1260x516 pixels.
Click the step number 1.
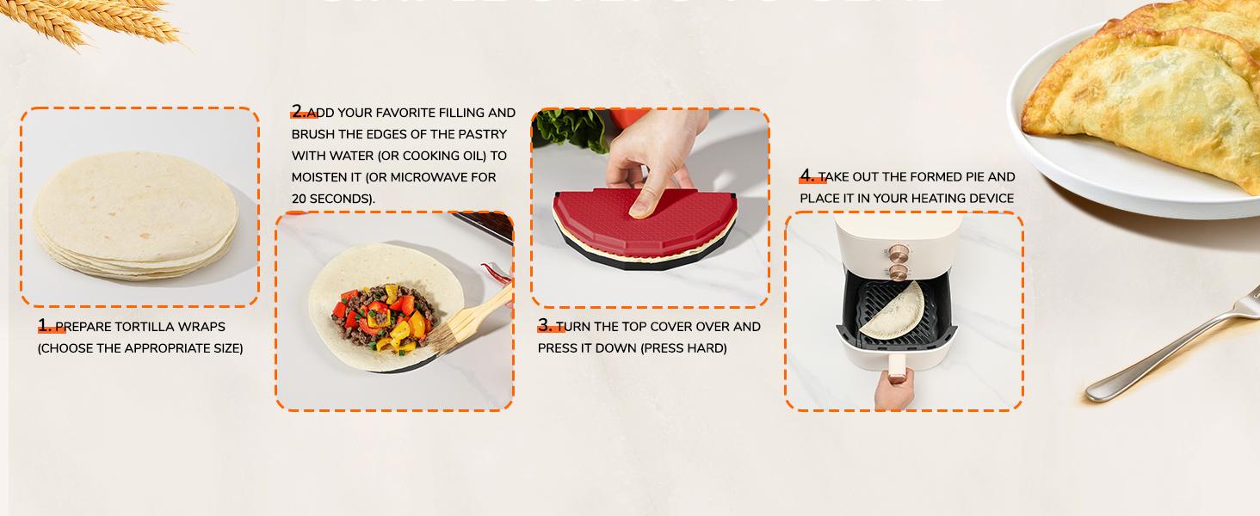tap(45, 326)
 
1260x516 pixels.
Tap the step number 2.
tap(298, 112)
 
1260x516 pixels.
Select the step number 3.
tap(545, 326)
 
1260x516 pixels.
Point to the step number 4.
tap(806, 176)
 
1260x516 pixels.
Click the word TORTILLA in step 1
tap(145, 327)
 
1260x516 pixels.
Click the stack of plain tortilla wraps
tap(136, 215)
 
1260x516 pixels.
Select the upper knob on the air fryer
tap(898, 251)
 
